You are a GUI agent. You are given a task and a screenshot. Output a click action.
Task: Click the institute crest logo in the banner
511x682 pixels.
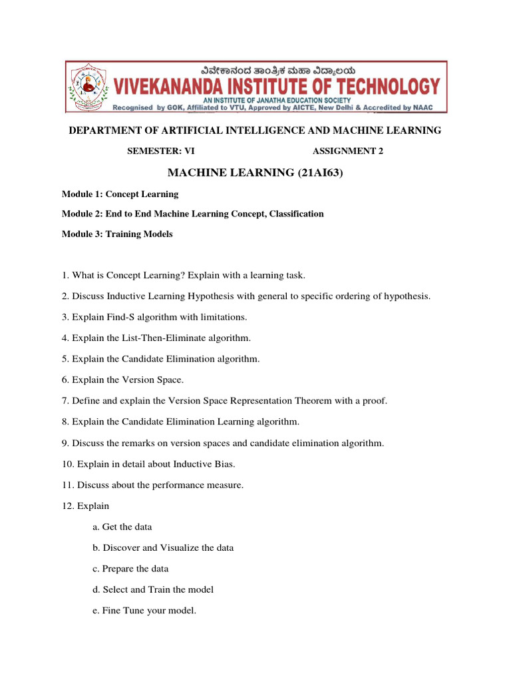click(x=83, y=86)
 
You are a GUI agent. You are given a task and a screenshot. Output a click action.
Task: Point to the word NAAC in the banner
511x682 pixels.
click(x=429, y=107)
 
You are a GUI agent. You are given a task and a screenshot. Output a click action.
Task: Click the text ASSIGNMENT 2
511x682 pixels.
click(x=348, y=151)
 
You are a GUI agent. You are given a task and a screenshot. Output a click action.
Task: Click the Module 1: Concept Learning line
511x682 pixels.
click(x=120, y=194)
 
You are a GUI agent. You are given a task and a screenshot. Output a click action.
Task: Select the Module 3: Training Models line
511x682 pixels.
click(x=117, y=234)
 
